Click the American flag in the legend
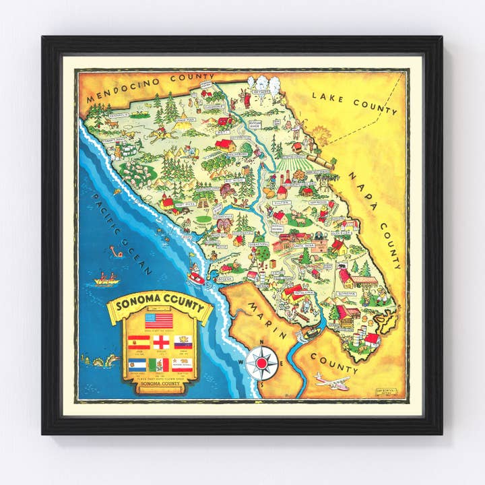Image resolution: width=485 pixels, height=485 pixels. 159,319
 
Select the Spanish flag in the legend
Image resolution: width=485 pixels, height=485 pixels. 138,342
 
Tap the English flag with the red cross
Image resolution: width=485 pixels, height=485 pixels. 161,342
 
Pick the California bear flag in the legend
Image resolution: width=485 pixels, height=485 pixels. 183,364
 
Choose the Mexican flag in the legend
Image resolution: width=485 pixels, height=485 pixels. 160,364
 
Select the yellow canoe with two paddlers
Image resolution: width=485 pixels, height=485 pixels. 106,278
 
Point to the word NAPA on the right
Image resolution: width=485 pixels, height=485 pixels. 364,189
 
